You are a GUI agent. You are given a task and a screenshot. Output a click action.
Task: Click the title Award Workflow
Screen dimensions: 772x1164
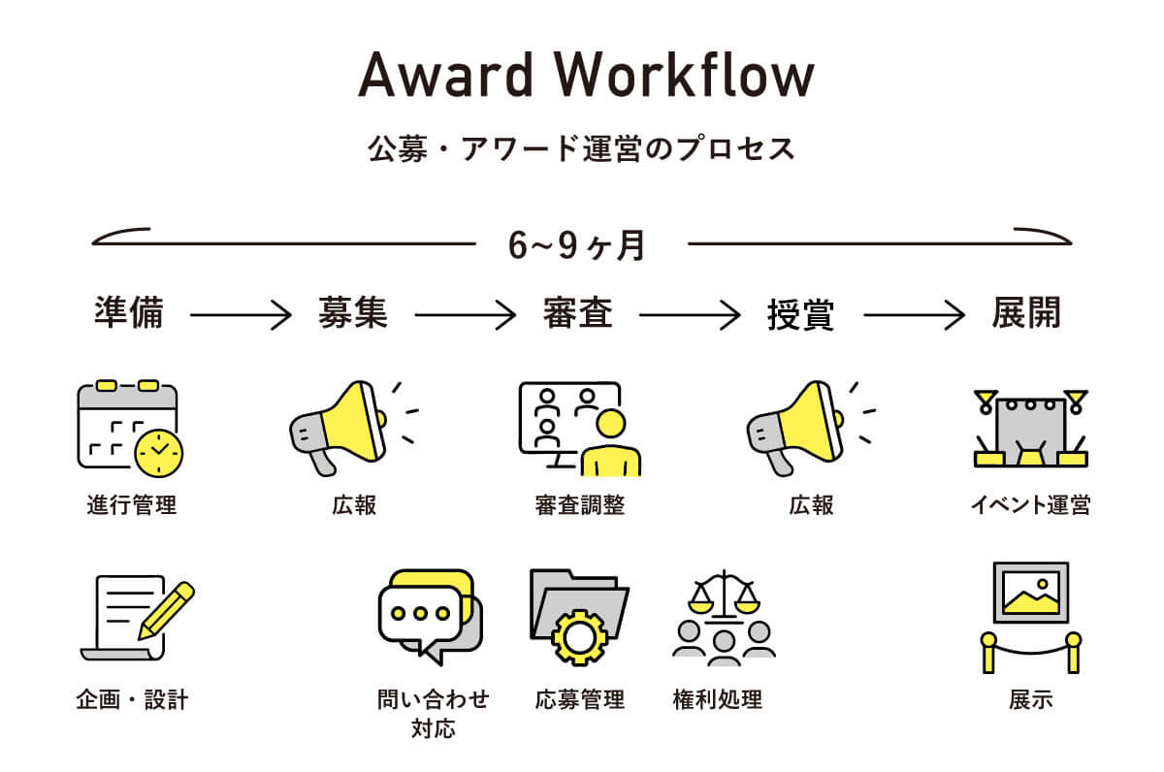[585, 75]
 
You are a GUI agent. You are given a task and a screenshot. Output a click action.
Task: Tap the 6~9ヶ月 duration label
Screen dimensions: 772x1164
[577, 245]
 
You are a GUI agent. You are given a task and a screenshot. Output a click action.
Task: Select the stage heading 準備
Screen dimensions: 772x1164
[129, 313]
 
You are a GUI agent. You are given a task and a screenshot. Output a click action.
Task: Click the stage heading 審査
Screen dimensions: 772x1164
[577, 313]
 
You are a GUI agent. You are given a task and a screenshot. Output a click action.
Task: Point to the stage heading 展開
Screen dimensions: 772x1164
[1026, 313]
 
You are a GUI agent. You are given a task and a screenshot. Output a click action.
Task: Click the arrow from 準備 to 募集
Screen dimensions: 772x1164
[241, 314]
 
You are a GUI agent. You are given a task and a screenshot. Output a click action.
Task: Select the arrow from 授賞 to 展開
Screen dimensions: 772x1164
[915, 314]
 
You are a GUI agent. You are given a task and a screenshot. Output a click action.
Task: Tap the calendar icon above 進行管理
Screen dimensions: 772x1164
[128, 429]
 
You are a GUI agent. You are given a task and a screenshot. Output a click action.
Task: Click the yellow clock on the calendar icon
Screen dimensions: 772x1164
[159, 451]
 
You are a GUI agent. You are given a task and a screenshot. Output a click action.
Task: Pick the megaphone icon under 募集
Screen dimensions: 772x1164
[348, 427]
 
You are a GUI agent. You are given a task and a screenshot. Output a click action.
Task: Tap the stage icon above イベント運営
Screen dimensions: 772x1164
[1029, 428]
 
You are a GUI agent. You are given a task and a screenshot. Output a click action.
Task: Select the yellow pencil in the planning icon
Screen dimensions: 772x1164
[166, 609]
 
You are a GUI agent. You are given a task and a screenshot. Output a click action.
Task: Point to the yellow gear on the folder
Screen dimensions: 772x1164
[579, 635]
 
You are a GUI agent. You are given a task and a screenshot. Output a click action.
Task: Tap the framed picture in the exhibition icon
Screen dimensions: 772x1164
[1030, 592]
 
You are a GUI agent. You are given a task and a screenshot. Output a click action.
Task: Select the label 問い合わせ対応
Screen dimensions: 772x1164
[433, 713]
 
